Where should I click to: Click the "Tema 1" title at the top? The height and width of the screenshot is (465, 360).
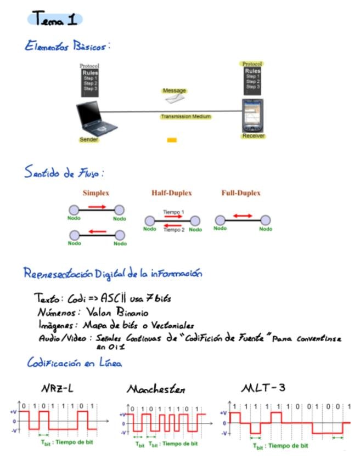(x=55, y=20)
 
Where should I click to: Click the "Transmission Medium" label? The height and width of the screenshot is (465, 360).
(x=185, y=116)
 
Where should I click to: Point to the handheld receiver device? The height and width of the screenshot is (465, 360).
(x=253, y=115)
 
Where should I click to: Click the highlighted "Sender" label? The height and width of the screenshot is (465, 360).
(x=89, y=140)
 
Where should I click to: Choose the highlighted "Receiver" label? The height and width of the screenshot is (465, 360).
(x=253, y=136)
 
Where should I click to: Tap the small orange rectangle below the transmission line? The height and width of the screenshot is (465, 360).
(x=172, y=140)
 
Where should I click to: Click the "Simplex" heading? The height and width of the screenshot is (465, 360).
(x=96, y=193)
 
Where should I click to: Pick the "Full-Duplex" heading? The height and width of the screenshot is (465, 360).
(x=241, y=193)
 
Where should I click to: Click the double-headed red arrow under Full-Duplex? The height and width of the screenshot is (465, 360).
(x=242, y=216)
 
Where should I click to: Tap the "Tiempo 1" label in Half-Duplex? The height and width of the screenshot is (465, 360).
(x=173, y=212)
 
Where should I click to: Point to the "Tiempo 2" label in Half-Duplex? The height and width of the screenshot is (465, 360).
(x=174, y=230)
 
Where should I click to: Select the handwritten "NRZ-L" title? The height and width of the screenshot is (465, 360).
(x=57, y=389)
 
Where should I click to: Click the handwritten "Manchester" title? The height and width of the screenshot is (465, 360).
(x=156, y=390)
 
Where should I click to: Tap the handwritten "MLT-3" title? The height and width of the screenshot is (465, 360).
(x=263, y=388)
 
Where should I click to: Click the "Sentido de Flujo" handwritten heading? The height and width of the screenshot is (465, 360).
(x=64, y=173)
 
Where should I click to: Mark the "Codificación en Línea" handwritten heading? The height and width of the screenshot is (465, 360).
(x=74, y=363)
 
